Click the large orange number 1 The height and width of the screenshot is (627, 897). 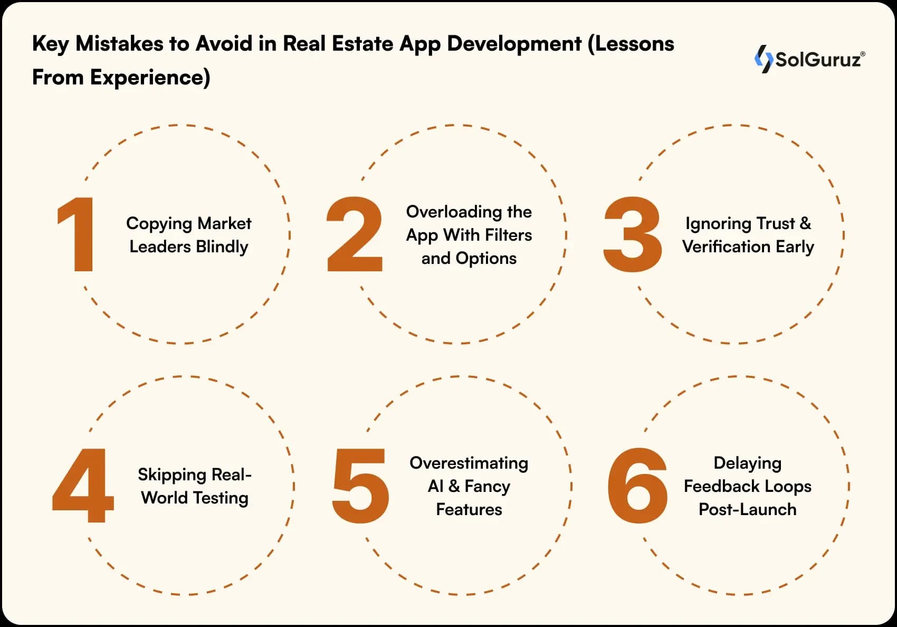pos(77,234)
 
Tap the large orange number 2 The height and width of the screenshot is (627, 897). pos(355,234)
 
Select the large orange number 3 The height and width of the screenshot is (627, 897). pos(632,234)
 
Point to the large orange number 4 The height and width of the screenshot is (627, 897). pos(83,486)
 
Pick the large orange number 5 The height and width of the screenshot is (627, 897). pos(361,486)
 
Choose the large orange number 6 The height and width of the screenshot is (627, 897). pos(637,486)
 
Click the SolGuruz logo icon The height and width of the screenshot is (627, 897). pos(764,59)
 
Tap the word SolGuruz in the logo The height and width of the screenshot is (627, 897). pos(818,60)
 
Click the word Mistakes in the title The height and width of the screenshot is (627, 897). pos(119,44)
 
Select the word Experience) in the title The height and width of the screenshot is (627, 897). pos(150,78)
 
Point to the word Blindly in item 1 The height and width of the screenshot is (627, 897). pos(222,247)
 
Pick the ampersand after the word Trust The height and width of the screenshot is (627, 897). pos(805,223)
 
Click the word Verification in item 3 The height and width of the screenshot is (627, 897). pos(726,246)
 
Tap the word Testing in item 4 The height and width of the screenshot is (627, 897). pos(221,498)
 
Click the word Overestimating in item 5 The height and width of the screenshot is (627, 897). pos(469,463)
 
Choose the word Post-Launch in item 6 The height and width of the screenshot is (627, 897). pos(747,509)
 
